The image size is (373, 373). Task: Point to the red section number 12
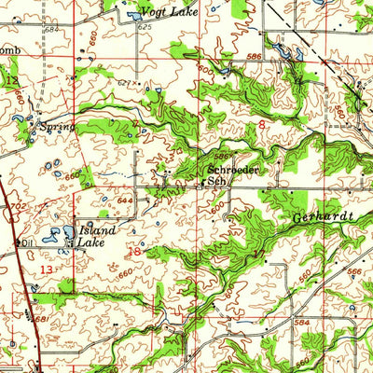point(11,82)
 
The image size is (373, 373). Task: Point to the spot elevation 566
point(353,271)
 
